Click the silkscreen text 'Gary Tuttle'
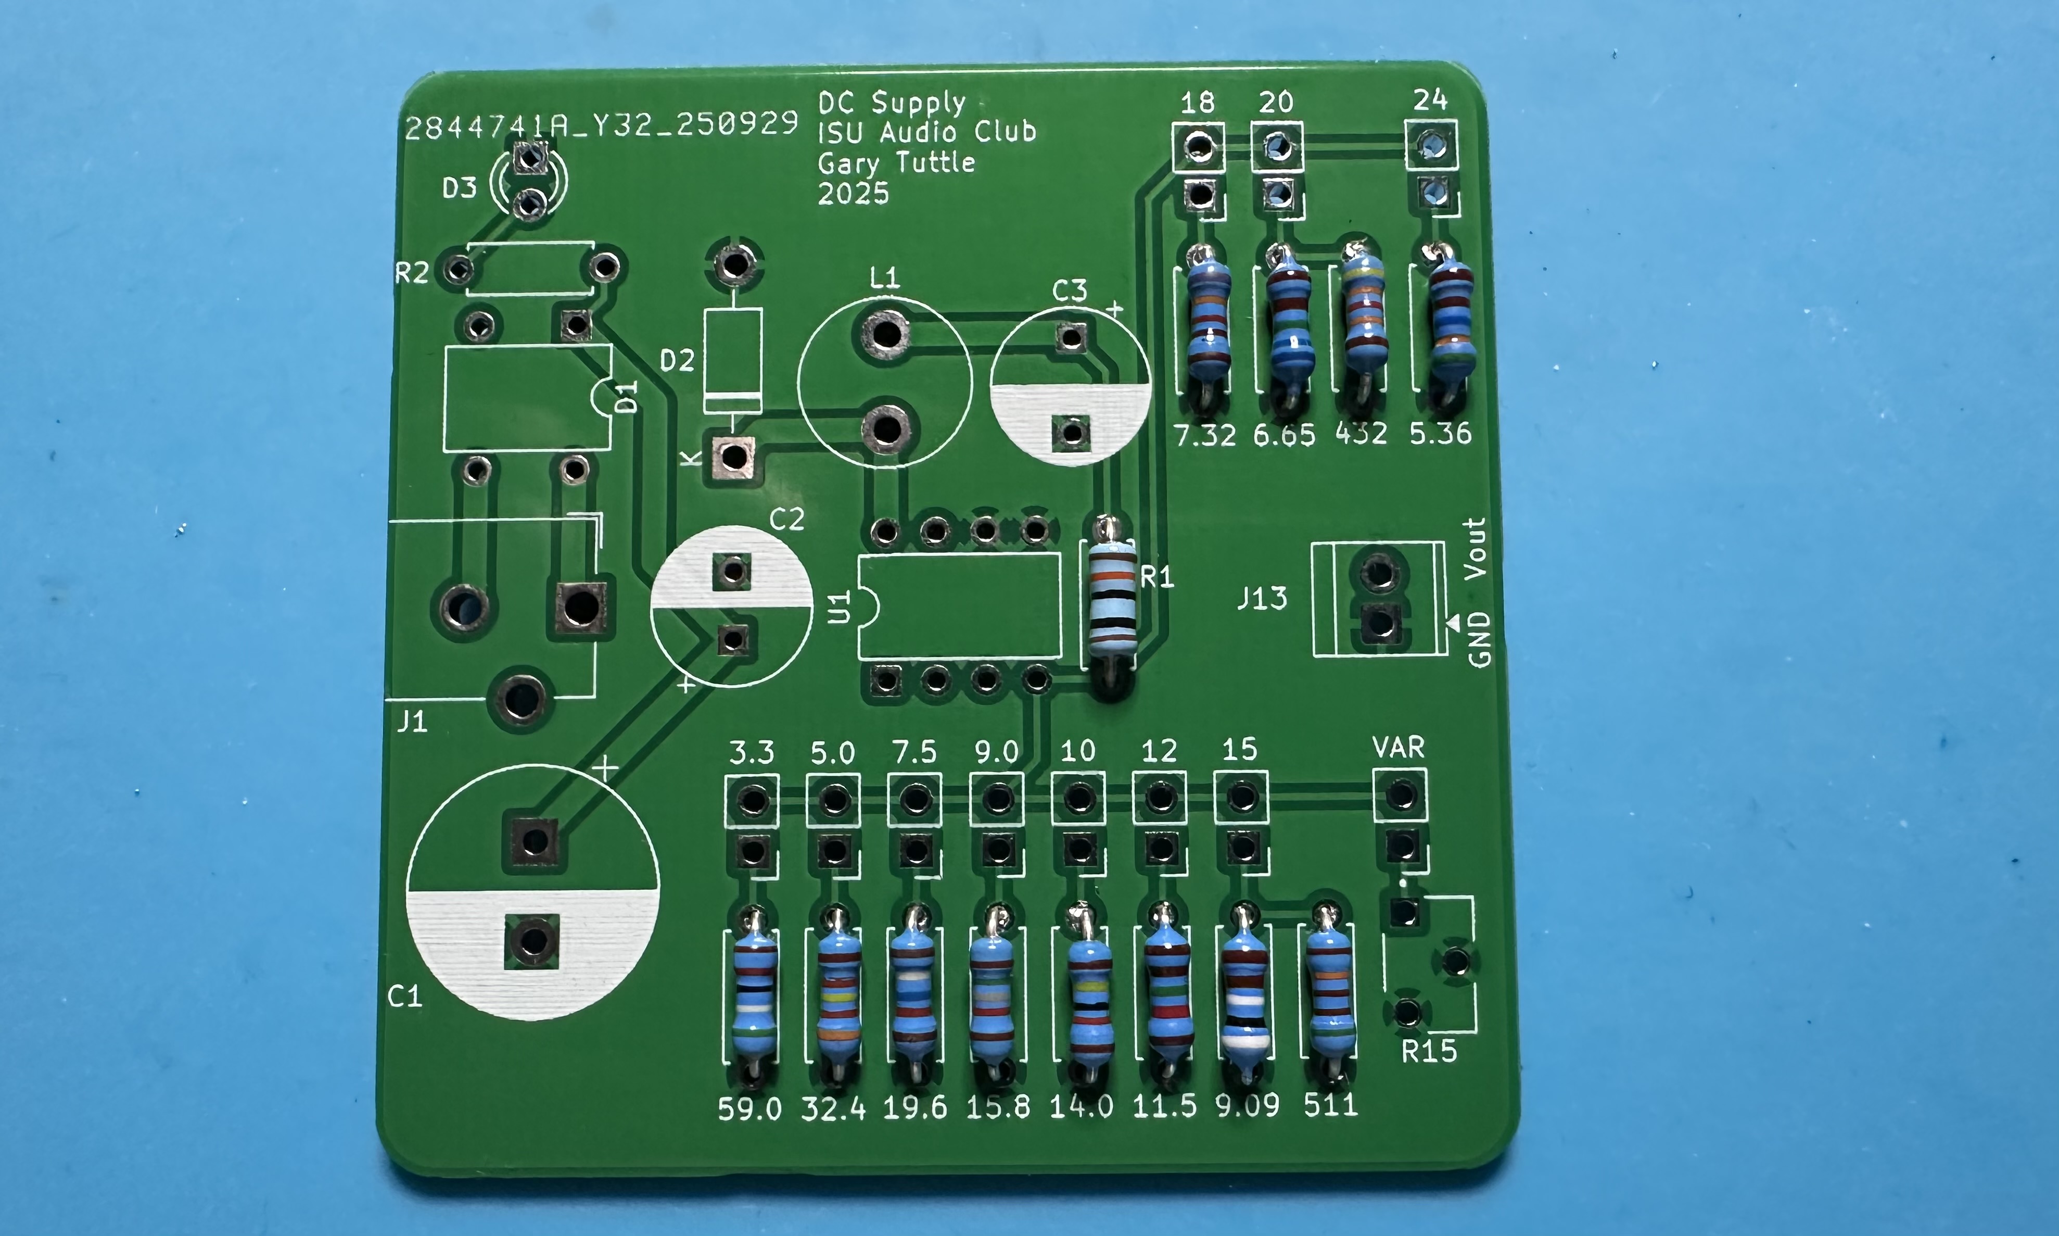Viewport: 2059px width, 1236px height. [896, 162]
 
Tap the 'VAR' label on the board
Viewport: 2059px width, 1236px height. [1398, 748]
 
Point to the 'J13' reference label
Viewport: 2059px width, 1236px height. [1262, 598]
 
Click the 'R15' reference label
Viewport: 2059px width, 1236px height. [1429, 1052]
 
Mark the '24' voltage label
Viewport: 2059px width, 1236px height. [1430, 101]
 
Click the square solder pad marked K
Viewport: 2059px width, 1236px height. [733, 457]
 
